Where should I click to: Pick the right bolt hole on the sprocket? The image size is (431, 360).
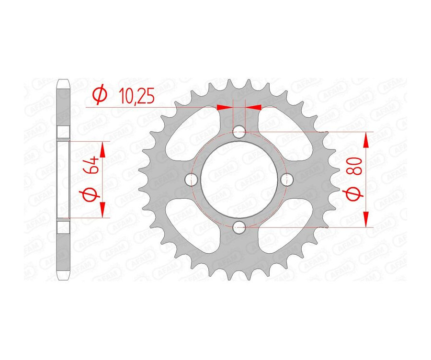click(x=288, y=180)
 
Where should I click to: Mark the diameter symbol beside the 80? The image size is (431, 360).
click(x=355, y=196)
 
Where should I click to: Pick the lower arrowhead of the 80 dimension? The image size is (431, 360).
click(x=366, y=219)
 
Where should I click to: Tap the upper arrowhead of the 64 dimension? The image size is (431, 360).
click(x=102, y=149)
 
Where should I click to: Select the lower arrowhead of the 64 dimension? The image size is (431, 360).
click(x=102, y=210)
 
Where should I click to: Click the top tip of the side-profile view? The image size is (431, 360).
click(x=63, y=80)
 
